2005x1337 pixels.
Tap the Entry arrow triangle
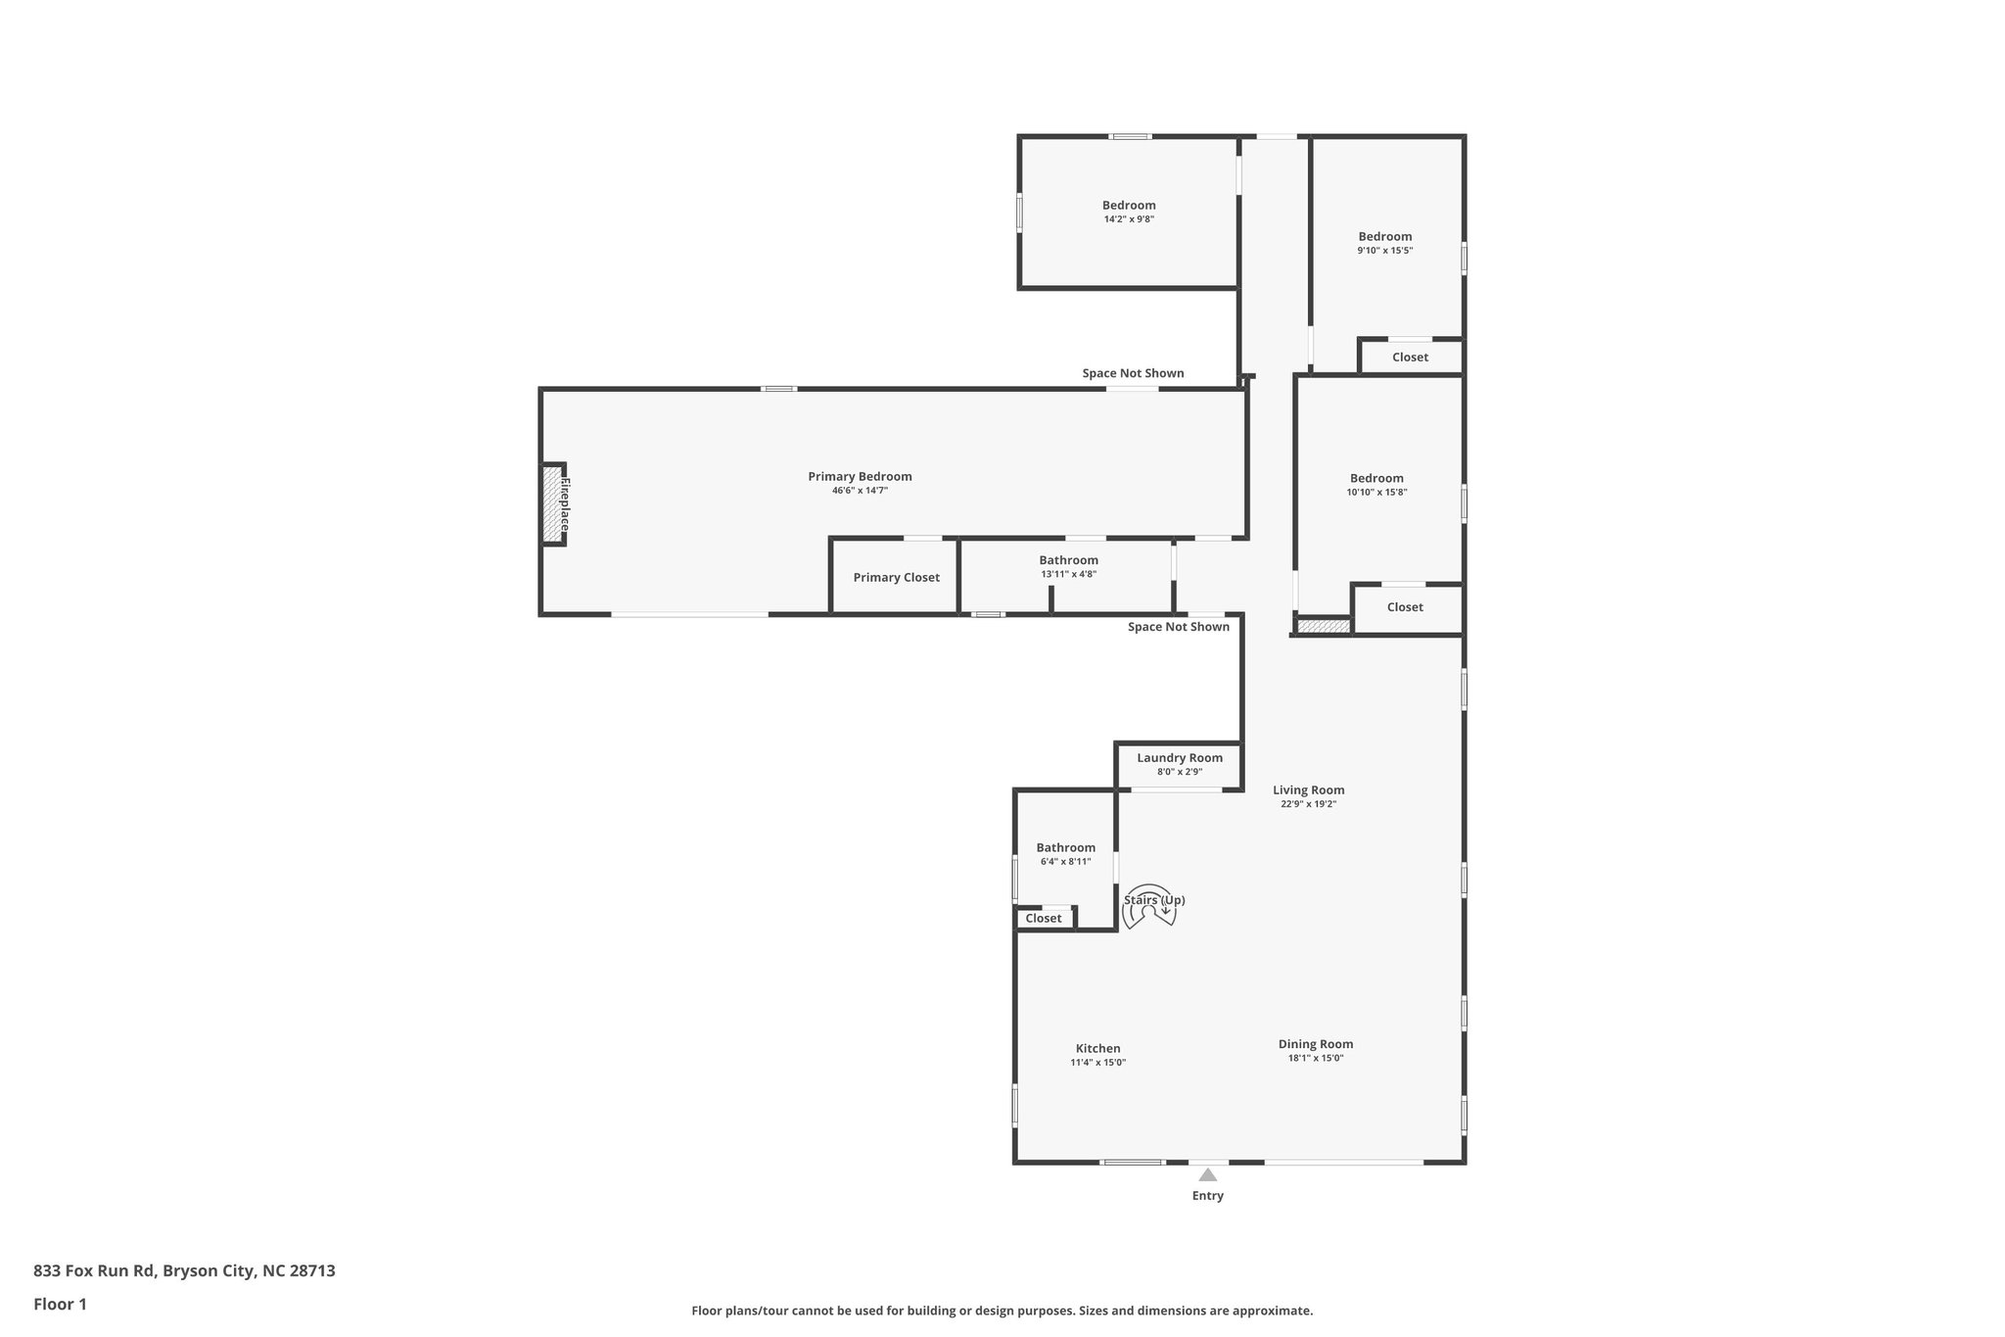pyautogui.click(x=1208, y=1174)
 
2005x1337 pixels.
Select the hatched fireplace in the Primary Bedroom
pyautogui.click(x=553, y=503)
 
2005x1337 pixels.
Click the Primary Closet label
pyautogui.click(x=896, y=578)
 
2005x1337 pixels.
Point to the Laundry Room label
pyautogui.click(x=1180, y=758)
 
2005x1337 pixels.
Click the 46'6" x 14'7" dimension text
pyautogui.click(x=860, y=491)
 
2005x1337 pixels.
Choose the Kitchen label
pyautogui.click(x=1097, y=1049)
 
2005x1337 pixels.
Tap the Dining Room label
pyautogui.click(x=1315, y=1044)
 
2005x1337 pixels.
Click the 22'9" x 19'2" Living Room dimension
pyautogui.click(x=1308, y=804)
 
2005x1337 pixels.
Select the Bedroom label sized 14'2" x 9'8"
pyautogui.click(x=1129, y=206)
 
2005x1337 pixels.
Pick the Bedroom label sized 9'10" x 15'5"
pyautogui.click(x=1384, y=237)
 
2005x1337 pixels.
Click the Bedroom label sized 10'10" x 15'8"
pyautogui.click(x=1376, y=479)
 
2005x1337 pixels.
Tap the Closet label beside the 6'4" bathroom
pyautogui.click(x=1043, y=919)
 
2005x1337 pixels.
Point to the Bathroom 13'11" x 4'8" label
pyautogui.click(x=1068, y=561)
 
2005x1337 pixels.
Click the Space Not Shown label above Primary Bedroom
pyautogui.click(x=1133, y=373)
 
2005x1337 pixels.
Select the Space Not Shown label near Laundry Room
pyautogui.click(x=1178, y=627)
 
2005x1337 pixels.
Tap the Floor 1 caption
pyautogui.click(x=60, y=1305)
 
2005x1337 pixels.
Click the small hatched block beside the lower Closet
pyautogui.click(x=1323, y=626)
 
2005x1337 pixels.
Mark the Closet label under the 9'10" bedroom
pyautogui.click(x=1410, y=358)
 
